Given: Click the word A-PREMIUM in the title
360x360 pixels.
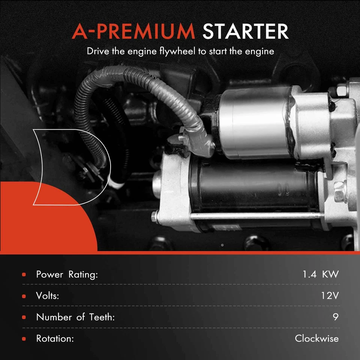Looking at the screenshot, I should point(133,31).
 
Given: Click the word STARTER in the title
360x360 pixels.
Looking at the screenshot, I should point(246,31).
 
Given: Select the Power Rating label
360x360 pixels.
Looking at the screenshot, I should point(67,274).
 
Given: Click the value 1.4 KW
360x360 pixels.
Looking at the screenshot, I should point(320,274).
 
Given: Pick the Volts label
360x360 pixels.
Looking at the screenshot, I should point(47,295).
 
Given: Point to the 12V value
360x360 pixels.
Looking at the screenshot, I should point(330,295).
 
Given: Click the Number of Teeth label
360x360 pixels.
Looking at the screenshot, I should point(75,317).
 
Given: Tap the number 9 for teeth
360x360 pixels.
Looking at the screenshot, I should point(335,317).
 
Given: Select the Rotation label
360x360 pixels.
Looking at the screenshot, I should point(54,339).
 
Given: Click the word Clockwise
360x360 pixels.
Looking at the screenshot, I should point(316,339).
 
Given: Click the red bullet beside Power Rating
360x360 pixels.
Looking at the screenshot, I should point(24,274).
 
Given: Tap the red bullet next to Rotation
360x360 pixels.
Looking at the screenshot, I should point(24,339).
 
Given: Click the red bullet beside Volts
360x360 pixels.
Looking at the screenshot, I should point(24,296).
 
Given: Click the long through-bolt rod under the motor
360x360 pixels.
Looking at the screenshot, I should point(255,217).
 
